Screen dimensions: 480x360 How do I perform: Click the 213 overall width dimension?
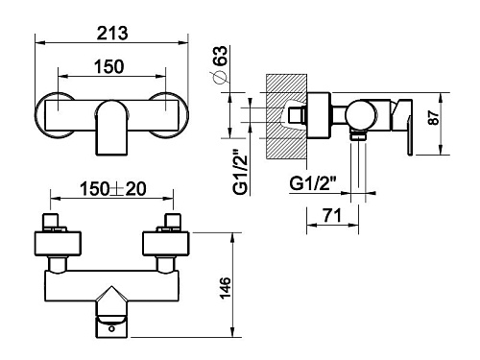tap(112, 34)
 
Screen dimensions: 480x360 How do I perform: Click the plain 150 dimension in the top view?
tap(108, 67)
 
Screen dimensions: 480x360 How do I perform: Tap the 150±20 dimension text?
tap(113, 189)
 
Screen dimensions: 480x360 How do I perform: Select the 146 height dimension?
tap(226, 288)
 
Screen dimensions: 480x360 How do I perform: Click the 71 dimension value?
tap(332, 215)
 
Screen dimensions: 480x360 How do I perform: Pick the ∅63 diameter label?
tap(220, 65)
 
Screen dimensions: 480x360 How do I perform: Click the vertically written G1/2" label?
tap(240, 171)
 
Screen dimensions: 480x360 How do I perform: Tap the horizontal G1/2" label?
tap(313, 183)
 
